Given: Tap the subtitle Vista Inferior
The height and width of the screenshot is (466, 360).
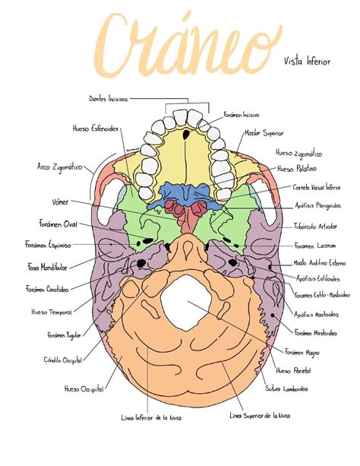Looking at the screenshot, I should pos(307,60).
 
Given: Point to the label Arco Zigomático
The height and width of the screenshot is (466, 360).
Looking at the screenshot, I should pos(60,166).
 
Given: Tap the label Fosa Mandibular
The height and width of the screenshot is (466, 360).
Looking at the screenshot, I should pos(49,268).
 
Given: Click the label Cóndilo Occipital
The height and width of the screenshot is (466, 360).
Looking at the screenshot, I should pos(65,360).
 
